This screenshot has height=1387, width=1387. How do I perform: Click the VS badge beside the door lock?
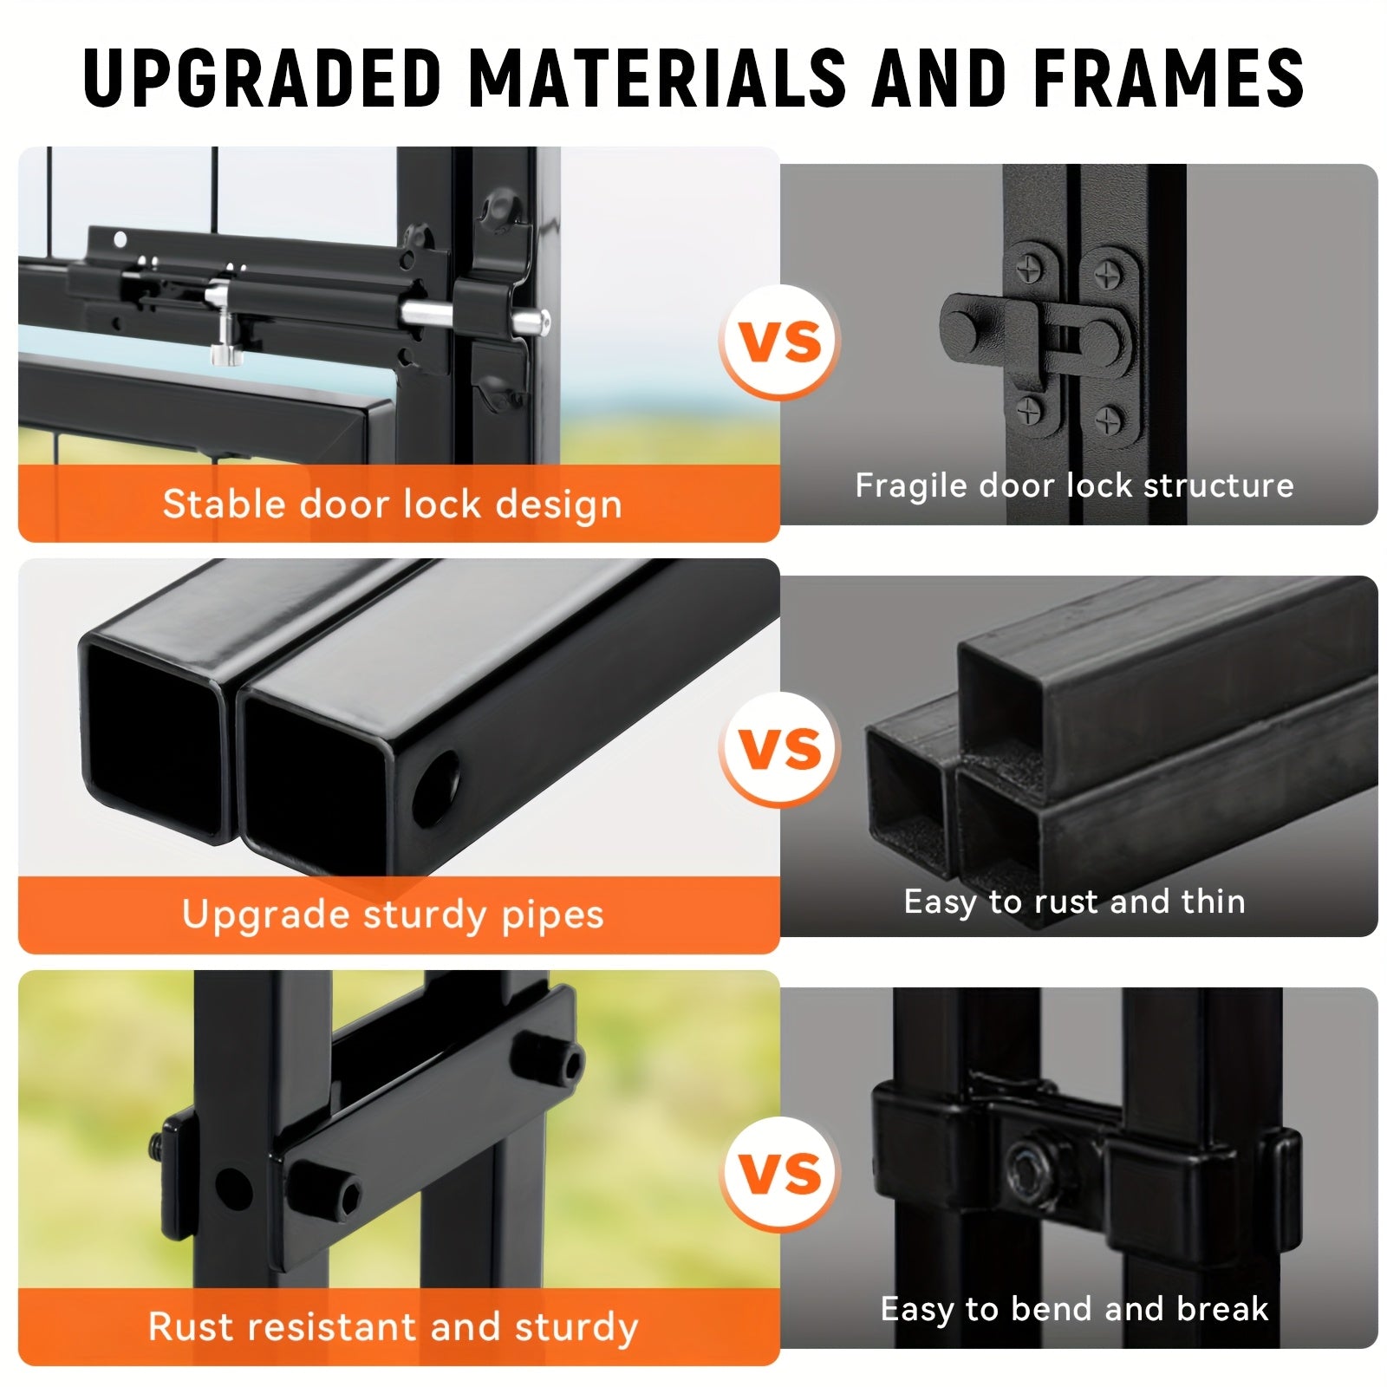(x=780, y=342)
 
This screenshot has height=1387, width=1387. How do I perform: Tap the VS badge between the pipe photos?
(x=780, y=749)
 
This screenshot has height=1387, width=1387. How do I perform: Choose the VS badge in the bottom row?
(x=780, y=1174)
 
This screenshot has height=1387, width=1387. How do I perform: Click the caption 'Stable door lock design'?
(x=393, y=505)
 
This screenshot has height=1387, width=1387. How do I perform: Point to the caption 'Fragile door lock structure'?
(x=1074, y=485)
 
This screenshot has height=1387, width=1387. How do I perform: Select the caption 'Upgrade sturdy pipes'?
(x=393, y=915)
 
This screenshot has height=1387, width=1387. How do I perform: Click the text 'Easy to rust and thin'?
(x=1074, y=902)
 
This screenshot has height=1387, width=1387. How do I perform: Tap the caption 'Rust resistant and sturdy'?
(x=393, y=1327)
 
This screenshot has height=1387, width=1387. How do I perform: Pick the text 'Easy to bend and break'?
(x=1074, y=1309)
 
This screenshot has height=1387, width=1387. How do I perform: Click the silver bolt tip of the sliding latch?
(x=530, y=322)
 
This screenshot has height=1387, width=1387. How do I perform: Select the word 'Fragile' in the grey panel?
(x=911, y=486)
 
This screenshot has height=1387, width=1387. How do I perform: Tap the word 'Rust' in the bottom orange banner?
(x=185, y=1327)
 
